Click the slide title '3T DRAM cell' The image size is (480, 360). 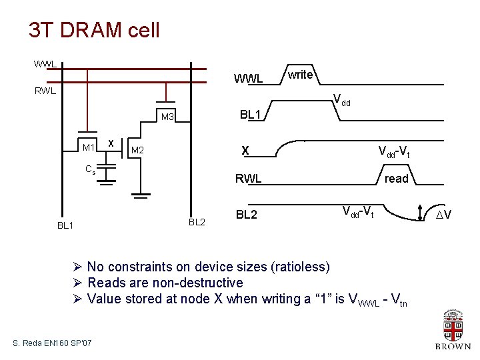click(x=94, y=30)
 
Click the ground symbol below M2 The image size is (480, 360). click(x=140, y=195)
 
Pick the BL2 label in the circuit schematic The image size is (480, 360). click(x=197, y=222)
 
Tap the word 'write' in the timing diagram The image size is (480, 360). click(x=300, y=75)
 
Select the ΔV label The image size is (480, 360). click(x=443, y=214)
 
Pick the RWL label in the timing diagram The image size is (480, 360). click(x=247, y=179)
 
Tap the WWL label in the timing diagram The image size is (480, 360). click(x=248, y=79)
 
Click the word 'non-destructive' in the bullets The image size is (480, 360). click(x=199, y=283)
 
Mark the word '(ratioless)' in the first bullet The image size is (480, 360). click(x=300, y=267)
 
